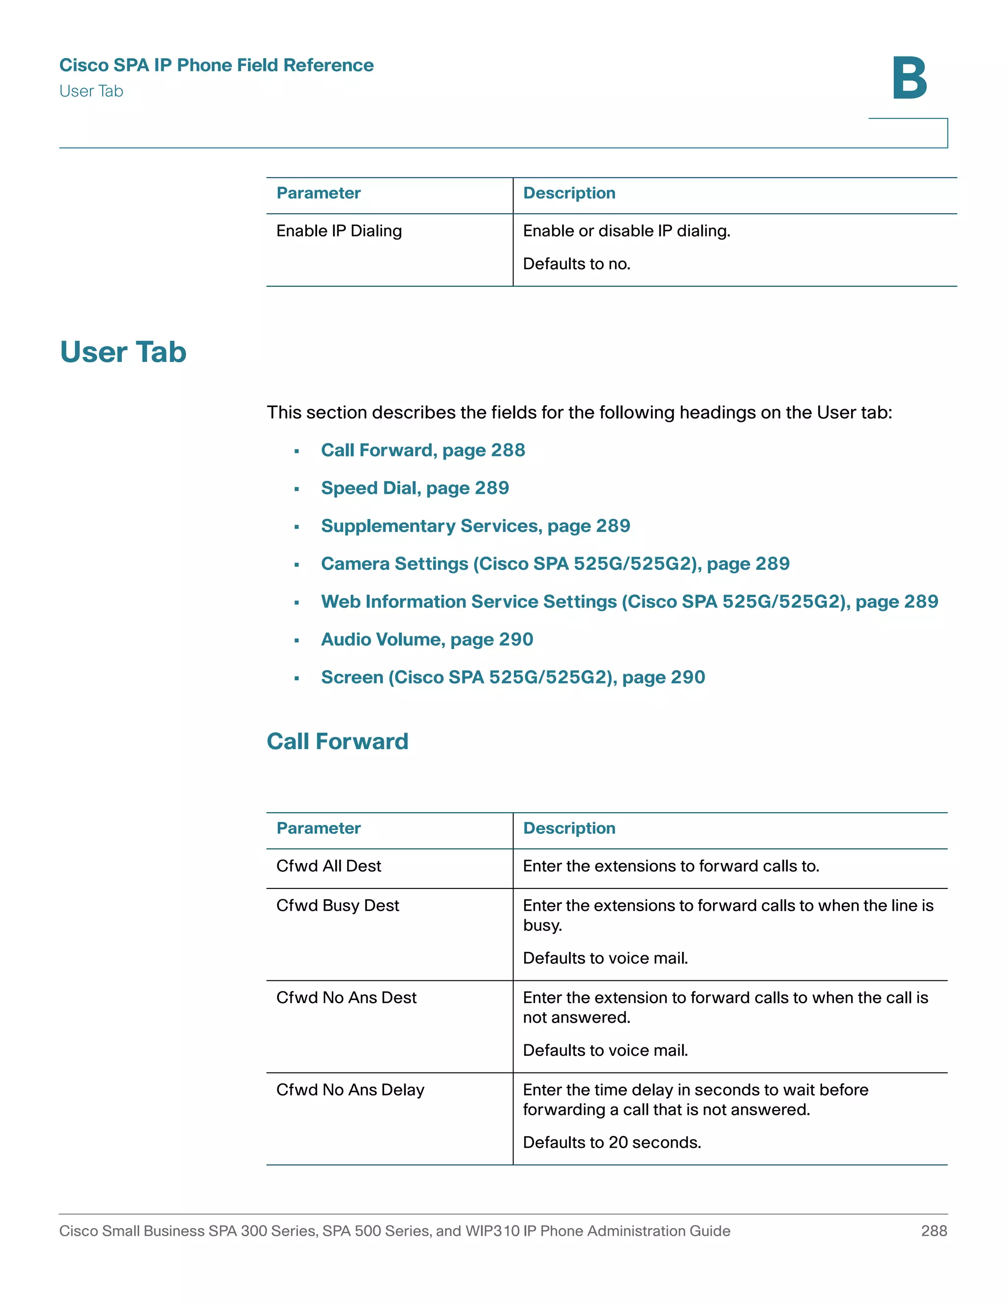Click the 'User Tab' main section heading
tap(123, 352)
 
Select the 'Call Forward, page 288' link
tap(422, 450)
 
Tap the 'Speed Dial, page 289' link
tap(415, 488)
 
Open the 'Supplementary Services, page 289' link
tap(475, 526)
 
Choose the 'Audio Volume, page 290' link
tap(426, 639)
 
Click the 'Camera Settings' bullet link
tap(555, 564)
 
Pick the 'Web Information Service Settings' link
tap(629, 601)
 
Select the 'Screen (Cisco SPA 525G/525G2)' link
tap(512, 677)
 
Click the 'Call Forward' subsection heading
tap(337, 741)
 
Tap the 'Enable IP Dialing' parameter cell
tap(339, 231)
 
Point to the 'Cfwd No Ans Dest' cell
tap(346, 998)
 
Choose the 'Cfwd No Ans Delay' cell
tap(350, 1090)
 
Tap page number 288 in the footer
tap(934, 1231)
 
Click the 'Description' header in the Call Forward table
tap(568, 828)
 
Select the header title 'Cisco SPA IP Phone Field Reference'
tap(216, 65)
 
